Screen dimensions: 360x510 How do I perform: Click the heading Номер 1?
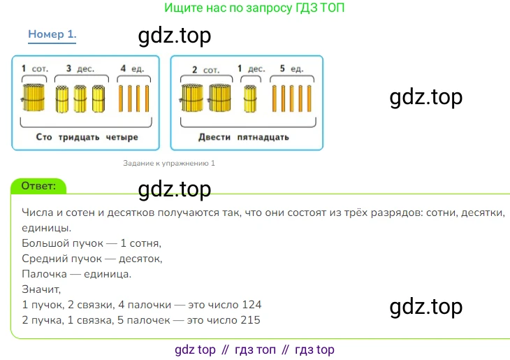[52, 34]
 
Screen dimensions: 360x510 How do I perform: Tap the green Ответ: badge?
[39, 185]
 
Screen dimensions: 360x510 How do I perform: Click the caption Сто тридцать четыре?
[87, 137]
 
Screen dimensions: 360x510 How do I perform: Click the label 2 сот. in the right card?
[206, 69]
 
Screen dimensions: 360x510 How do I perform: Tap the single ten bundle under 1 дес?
[250, 99]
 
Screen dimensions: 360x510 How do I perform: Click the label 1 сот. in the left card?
[31, 69]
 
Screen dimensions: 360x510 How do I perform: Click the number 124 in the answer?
[251, 305]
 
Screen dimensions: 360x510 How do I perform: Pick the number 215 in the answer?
[249, 320]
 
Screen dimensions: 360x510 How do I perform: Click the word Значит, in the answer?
[41, 289]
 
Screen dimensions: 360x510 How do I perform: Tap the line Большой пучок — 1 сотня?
[92, 243]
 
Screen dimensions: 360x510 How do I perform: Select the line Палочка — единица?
[76, 274]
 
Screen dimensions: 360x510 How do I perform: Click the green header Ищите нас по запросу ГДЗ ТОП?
[255, 8]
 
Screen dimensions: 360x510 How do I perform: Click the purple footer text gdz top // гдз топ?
[254, 350]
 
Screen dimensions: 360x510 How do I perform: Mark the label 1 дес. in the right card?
[251, 69]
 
